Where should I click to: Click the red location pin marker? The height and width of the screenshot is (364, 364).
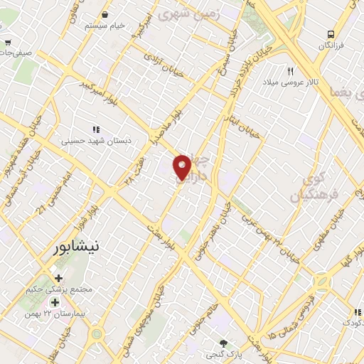(x=183, y=166)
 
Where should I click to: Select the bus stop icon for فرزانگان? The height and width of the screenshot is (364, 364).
(x=331, y=34)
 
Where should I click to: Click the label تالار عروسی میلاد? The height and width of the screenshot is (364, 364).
(x=291, y=84)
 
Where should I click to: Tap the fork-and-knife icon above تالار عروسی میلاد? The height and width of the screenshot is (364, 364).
(x=290, y=71)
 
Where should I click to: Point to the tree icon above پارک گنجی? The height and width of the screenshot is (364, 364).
(x=224, y=342)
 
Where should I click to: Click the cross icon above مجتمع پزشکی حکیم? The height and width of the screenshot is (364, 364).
(x=58, y=277)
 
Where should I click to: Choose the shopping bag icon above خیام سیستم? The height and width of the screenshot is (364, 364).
(x=105, y=14)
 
